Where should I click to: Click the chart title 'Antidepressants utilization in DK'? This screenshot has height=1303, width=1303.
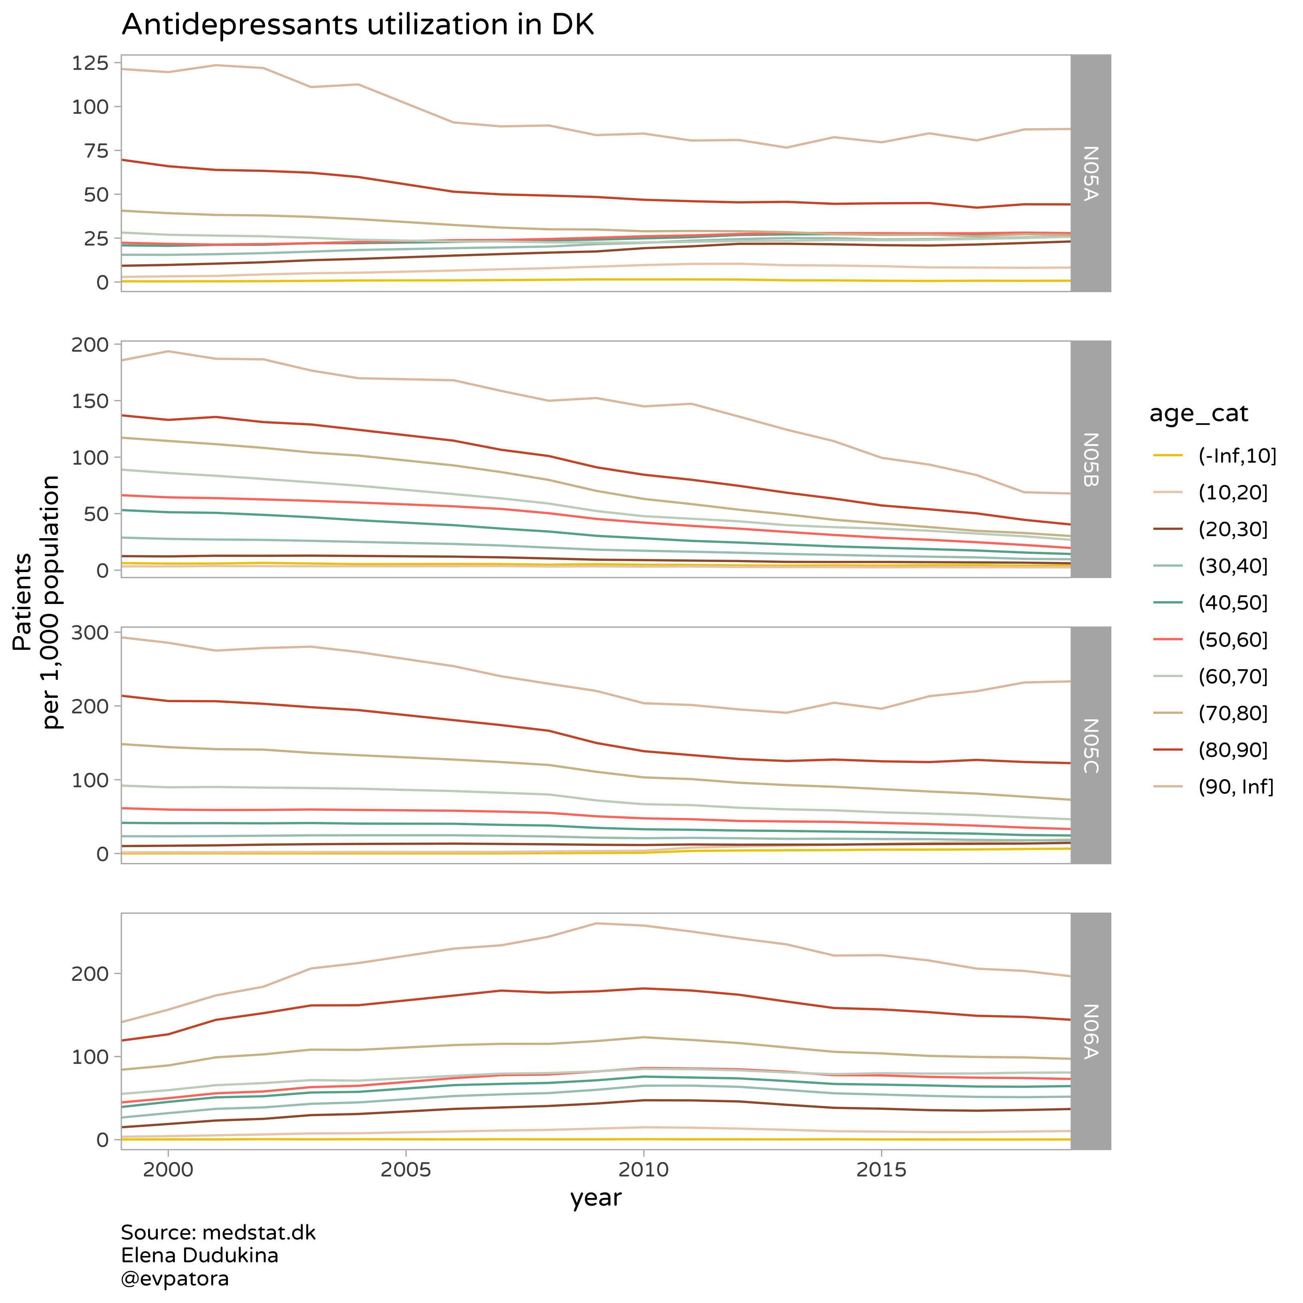(357, 25)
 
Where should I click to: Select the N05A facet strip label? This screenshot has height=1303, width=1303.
(1091, 173)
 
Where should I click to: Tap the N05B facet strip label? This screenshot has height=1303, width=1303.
(1091, 459)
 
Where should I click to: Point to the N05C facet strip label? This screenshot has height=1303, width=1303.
(1091, 745)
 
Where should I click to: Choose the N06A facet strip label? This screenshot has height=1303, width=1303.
(1091, 1031)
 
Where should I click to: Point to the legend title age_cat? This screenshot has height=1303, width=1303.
(1198, 414)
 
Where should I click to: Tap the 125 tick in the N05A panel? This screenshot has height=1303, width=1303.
(90, 63)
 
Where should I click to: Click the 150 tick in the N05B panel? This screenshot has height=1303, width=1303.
(90, 401)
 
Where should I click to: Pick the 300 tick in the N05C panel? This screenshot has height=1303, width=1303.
(90, 633)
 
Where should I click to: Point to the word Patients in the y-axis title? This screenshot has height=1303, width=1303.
(23, 602)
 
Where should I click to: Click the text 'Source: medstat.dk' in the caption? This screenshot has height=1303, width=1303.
(218, 1232)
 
